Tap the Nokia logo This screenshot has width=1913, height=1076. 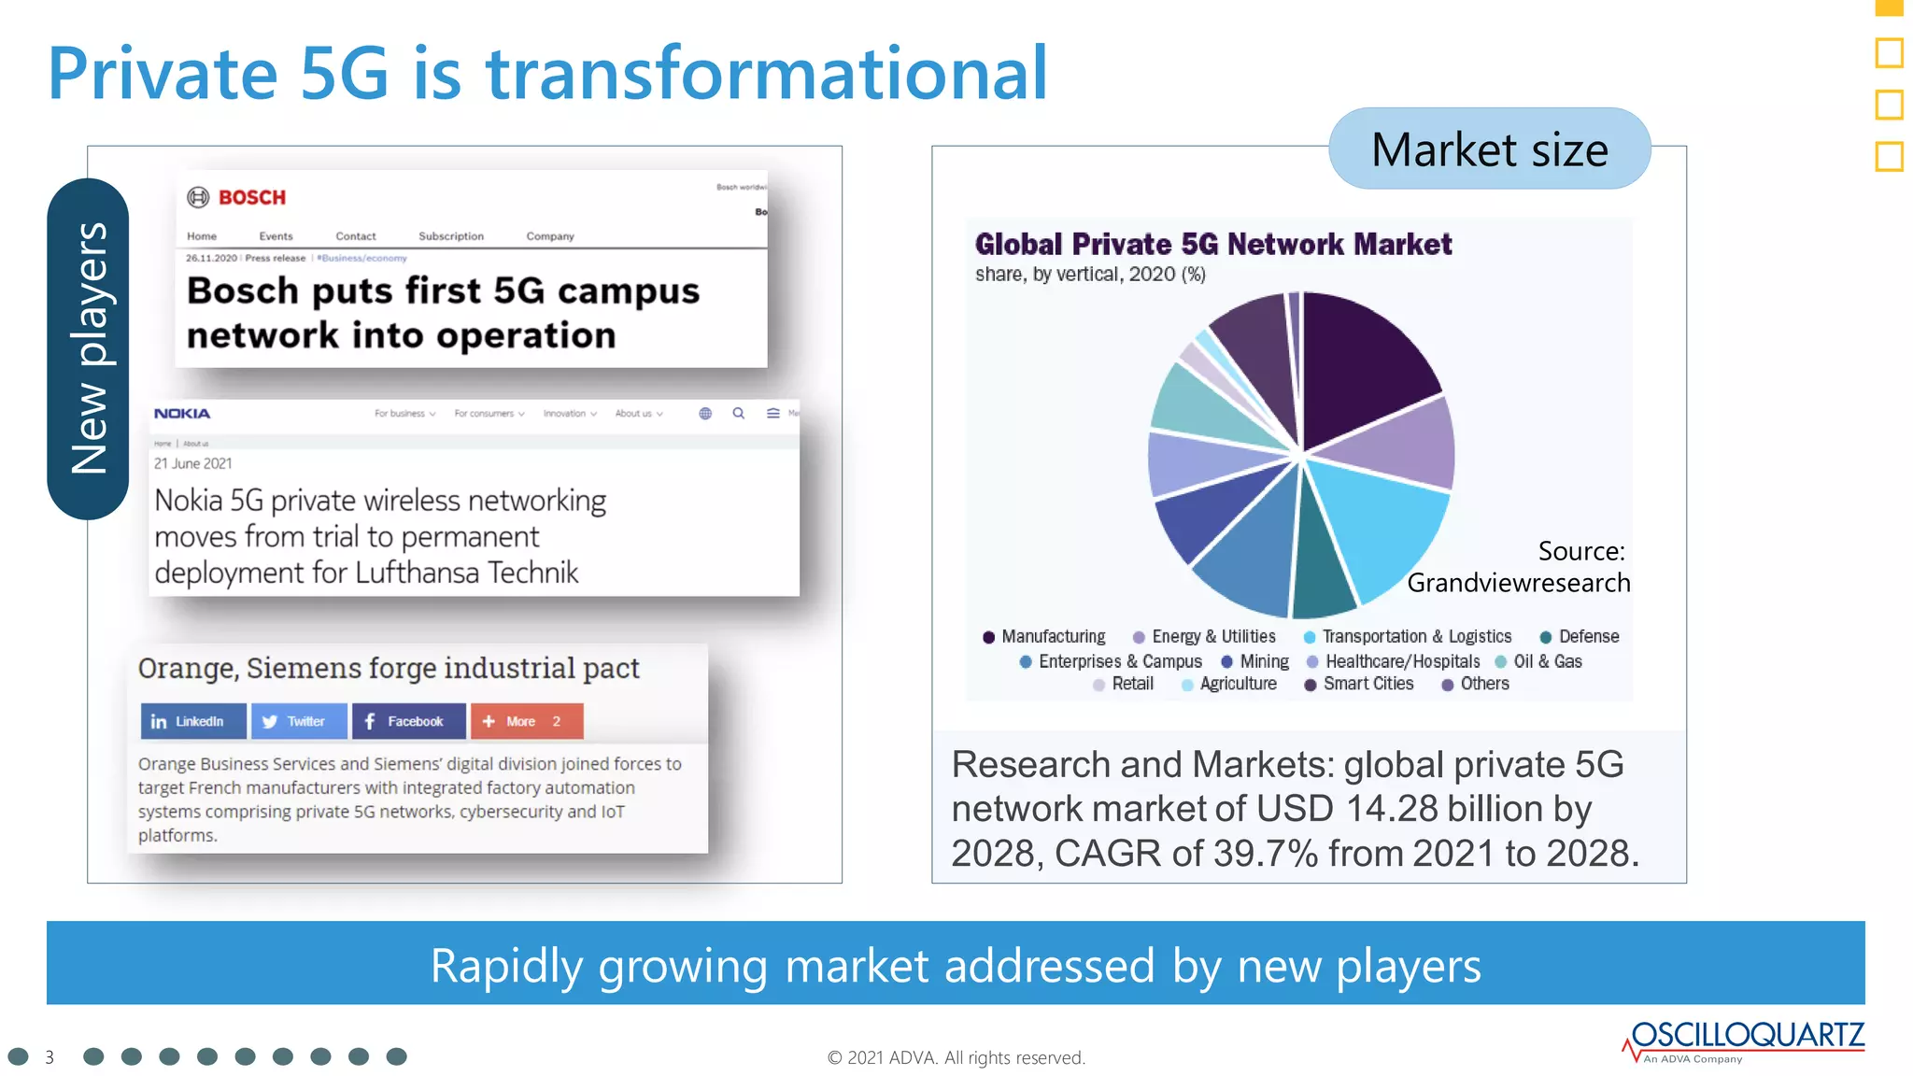tap(182, 414)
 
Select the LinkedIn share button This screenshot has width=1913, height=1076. tap(192, 721)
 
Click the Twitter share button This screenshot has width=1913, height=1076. tap(298, 721)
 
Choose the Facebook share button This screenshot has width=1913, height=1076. tap(408, 721)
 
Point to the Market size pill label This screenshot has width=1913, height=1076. tap(1489, 149)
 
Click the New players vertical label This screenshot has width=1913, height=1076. tap(89, 348)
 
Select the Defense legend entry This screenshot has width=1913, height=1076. tap(1580, 637)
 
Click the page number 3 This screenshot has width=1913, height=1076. tap(50, 1057)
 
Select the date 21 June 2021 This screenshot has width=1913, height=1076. tap(193, 463)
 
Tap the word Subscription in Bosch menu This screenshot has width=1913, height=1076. tap(451, 236)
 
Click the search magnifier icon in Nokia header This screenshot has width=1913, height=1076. tap(739, 413)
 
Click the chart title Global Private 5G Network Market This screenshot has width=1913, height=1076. tap(1212, 245)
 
